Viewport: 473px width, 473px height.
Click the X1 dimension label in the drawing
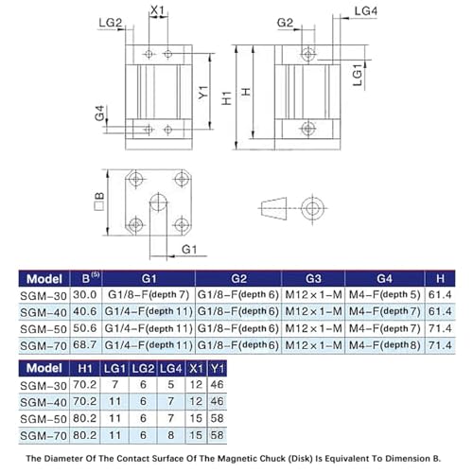[x=157, y=10]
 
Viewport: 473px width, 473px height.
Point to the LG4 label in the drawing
[x=366, y=11]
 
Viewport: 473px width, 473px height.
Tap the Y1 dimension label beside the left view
[x=203, y=92]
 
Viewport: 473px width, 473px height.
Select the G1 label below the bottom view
[x=189, y=250]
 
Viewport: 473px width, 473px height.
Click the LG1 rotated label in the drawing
[x=357, y=75]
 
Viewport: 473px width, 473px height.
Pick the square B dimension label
[x=99, y=201]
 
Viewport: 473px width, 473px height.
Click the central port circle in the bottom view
[x=158, y=202]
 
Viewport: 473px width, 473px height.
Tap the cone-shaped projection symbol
[x=273, y=208]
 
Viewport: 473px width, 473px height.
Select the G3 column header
[x=313, y=279]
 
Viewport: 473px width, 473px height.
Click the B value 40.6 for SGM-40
[x=85, y=311]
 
